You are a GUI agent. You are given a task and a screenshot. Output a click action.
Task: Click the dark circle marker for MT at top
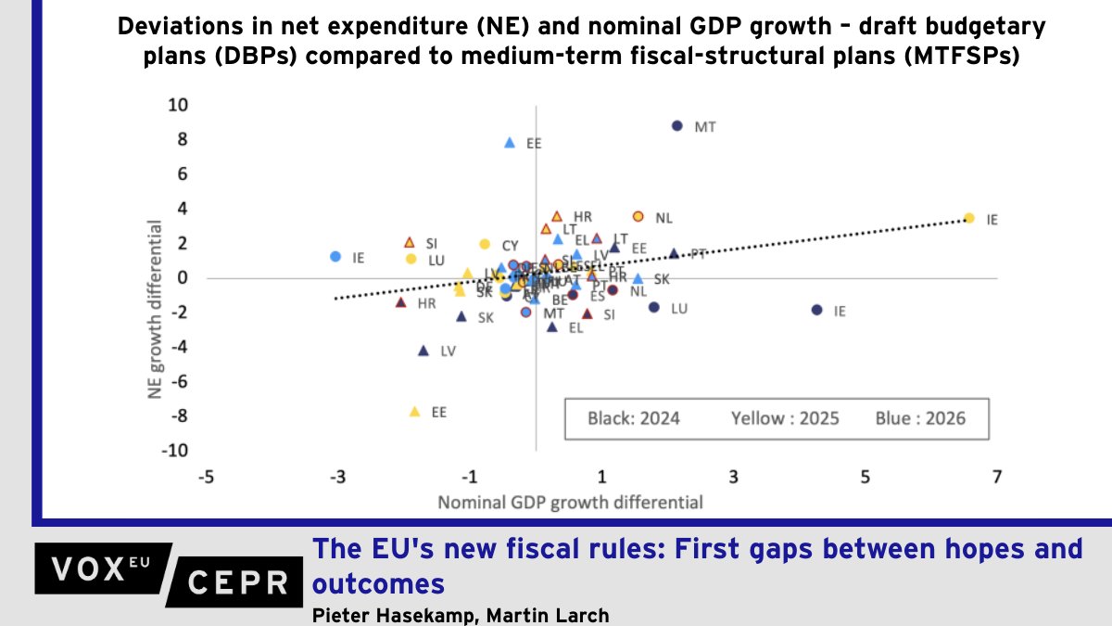point(677,125)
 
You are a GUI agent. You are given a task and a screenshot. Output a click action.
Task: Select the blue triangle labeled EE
point(509,143)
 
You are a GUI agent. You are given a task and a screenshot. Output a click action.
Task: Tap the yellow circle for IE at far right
point(968,218)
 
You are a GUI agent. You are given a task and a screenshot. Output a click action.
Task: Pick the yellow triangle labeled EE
point(414,411)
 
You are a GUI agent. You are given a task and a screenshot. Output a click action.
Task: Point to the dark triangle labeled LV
point(423,351)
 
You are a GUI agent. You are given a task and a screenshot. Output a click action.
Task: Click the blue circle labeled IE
point(335,257)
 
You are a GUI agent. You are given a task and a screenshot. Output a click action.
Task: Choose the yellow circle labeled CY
point(484,244)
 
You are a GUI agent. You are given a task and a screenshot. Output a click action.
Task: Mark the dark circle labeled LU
point(654,307)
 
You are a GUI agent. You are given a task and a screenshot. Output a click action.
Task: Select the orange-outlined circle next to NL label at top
point(638,216)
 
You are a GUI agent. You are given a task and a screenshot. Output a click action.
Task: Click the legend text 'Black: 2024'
point(633,418)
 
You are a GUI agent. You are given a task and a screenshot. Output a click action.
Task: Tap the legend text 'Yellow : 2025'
point(785,418)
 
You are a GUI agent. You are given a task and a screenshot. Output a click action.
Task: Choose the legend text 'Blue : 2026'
point(919,418)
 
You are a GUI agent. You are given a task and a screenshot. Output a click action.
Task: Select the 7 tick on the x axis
point(997,477)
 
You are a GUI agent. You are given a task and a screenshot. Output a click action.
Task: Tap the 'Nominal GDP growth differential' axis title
point(570,503)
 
